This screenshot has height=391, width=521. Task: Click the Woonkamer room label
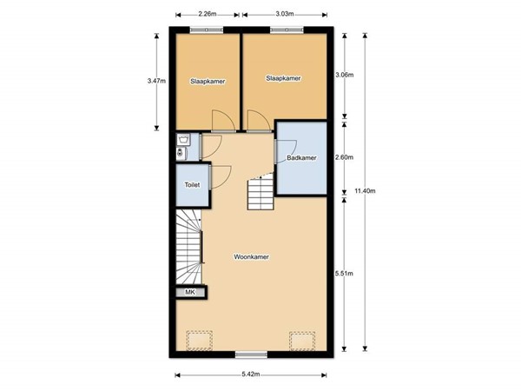250,257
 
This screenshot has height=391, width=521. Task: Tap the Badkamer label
301,158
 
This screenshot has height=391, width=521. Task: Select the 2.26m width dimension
207,15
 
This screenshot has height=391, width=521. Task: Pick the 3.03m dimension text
284,15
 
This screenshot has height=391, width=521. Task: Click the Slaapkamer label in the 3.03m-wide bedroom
283,78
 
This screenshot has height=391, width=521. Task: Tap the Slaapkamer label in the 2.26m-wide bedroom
208,81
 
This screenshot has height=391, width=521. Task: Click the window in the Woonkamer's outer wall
251,355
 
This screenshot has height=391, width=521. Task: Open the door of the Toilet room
220,174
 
